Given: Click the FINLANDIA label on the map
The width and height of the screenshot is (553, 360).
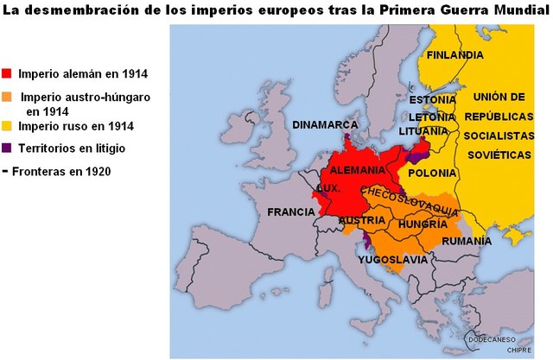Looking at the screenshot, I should tap(454, 55).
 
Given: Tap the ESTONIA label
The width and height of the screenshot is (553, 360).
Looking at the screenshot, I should tap(433, 99).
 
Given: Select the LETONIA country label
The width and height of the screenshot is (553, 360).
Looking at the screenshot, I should tap(433, 116).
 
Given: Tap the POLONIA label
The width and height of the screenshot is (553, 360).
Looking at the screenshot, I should tap(432, 173).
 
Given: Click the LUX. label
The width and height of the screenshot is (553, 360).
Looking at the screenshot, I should tap(327, 186).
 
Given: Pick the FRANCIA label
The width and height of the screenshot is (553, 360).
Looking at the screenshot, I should tap(291, 212).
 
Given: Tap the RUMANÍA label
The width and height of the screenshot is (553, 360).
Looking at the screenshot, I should tap(467, 241).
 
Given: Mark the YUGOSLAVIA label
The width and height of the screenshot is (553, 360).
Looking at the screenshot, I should tap(391, 259).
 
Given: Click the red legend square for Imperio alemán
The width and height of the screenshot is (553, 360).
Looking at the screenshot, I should tap(8, 74).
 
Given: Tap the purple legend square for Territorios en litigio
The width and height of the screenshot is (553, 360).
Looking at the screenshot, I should tap(8, 148).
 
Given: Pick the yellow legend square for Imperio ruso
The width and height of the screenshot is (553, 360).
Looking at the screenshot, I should tap(8, 126).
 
